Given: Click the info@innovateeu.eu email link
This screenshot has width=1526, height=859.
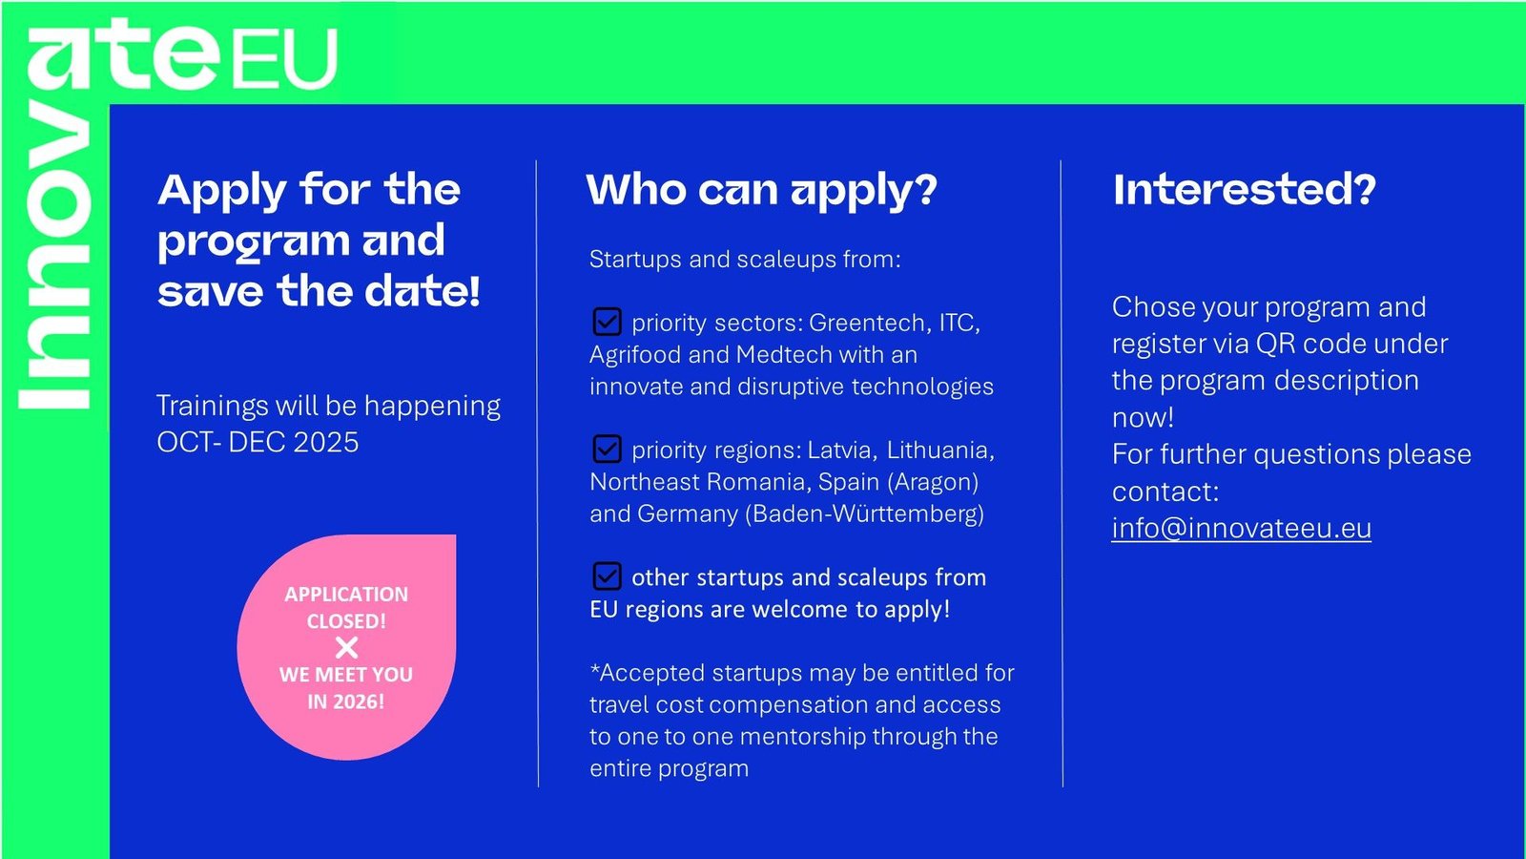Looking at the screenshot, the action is coord(1241,529).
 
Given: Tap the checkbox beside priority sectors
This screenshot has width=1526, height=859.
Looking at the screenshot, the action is coord(607,322).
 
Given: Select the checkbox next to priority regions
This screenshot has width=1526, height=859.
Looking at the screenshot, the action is coord(607,450).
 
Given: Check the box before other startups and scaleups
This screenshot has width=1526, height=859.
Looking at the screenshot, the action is coord(607,576).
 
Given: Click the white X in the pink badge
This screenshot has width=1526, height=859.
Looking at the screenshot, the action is coord(346,648).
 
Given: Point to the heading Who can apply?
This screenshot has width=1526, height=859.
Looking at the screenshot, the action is coord(762,190).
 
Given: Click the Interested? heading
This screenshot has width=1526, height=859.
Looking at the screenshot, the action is coord(1244,190).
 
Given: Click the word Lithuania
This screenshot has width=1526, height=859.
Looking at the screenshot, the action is coord(940,450).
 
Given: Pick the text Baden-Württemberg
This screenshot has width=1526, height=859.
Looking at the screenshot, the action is coord(864,513).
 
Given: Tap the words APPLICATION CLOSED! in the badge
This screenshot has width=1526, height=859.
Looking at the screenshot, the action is coord(346,607).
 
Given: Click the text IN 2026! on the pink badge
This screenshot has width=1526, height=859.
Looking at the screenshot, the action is coord(346,702).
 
